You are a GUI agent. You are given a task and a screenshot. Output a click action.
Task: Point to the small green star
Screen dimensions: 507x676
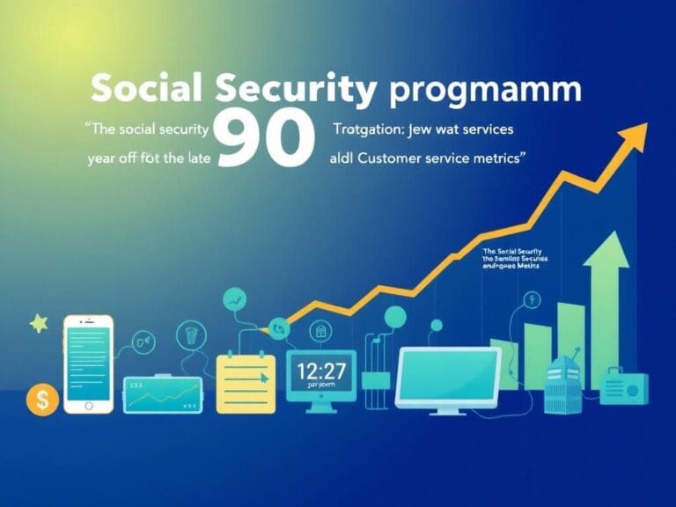tap(39, 324)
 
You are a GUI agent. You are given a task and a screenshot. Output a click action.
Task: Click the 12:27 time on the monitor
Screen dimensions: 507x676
tap(320, 370)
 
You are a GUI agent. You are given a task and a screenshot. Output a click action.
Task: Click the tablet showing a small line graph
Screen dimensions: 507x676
tap(164, 393)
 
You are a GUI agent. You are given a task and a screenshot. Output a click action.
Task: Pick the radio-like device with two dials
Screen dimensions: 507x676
tap(624, 388)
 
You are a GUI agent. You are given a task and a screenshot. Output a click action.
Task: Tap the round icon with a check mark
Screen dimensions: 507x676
tap(235, 300)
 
